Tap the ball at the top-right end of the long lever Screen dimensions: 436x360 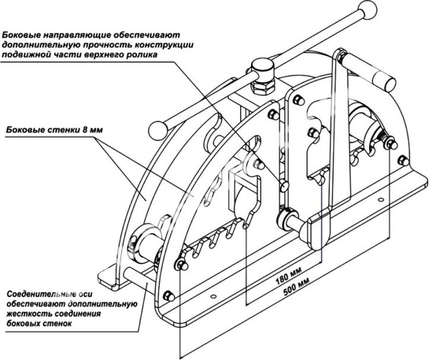368,9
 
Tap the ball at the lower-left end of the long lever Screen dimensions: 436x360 158,130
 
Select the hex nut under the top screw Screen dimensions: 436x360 263,87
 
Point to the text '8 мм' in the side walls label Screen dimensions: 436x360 93,129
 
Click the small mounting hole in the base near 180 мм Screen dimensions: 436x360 214,296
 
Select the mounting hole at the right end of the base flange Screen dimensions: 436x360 381,200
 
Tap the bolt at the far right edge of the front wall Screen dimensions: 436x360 403,160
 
